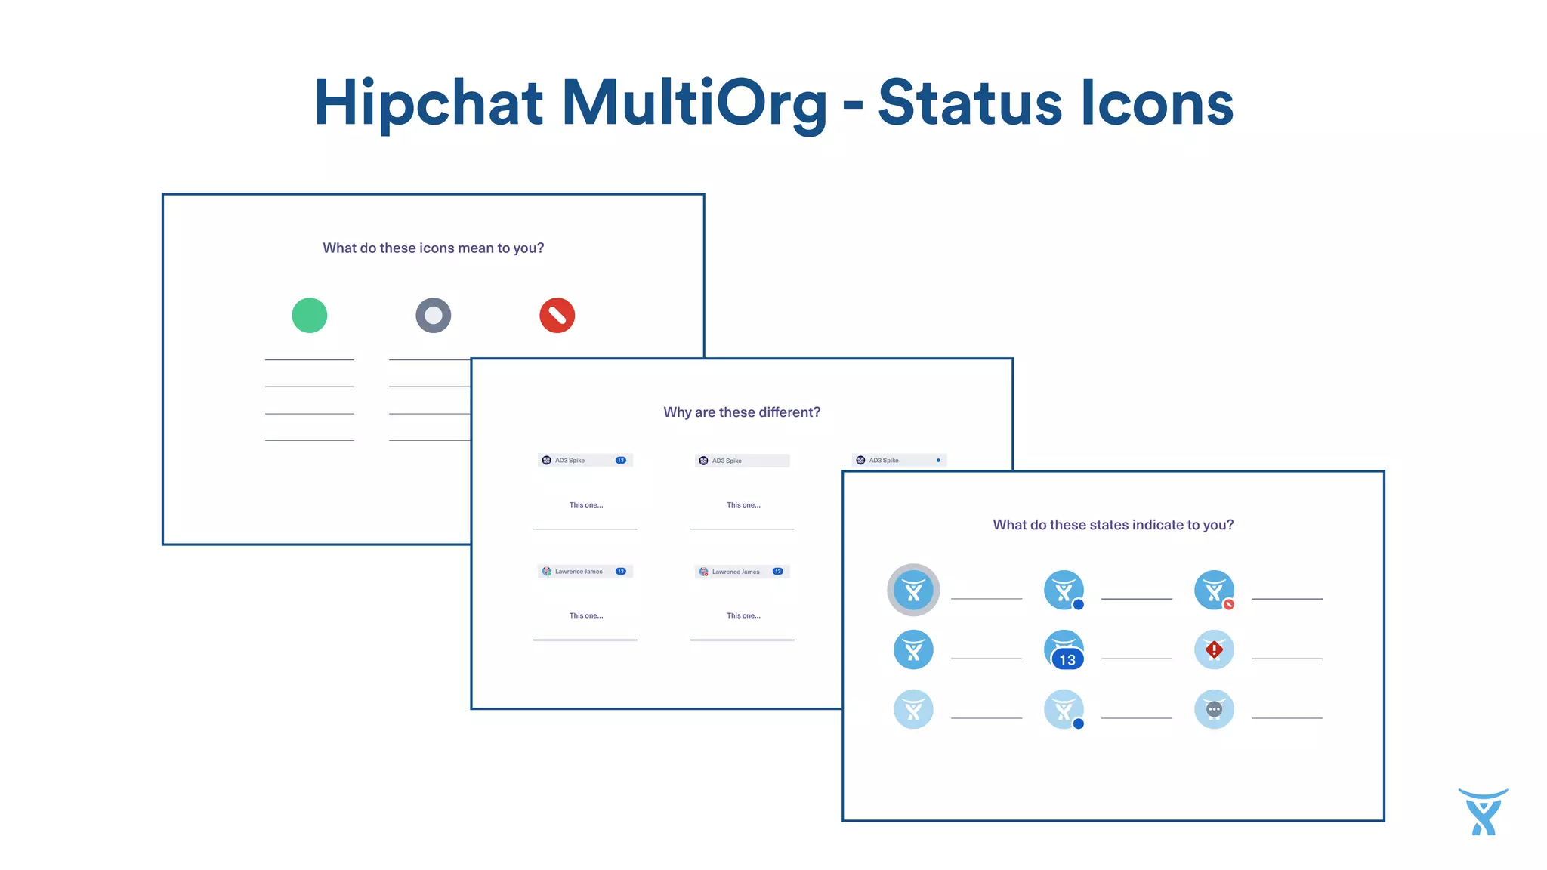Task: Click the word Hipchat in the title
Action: [x=428, y=103]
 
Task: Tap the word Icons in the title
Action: [x=1157, y=103]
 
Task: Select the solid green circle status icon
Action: [x=309, y=316]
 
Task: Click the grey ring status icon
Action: [x=433, y=316]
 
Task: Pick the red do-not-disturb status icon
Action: [x=557, y=316]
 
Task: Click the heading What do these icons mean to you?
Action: [x=433, y=248]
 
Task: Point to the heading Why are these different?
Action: [x=741, y=412]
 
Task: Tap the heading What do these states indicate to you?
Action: [x=1113, y=525]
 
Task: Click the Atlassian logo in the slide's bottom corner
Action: [x=1483, y=813]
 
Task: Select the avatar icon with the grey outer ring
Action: [x=913, y=590]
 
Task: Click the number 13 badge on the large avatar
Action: [x=1067, y=659]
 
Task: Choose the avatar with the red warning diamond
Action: [x=1214, y=649]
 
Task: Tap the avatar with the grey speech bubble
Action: [x=1214, y=709]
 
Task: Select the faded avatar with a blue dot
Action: [x=1064, y=709]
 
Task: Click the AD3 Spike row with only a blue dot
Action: [x=899, y=460]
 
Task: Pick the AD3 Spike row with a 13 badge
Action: [x=585, y=460]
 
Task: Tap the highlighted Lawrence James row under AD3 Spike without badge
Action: [x=742, y=572]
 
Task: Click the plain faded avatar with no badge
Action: [x=913, y=709]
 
